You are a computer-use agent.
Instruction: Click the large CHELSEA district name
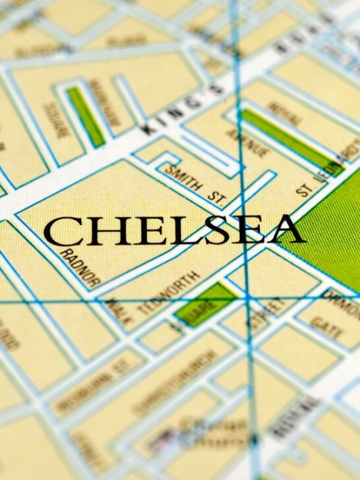tap(174, 231)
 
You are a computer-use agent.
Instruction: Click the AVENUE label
tap(250, 139)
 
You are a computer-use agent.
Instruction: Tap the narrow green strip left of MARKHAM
tap(86, 116)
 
